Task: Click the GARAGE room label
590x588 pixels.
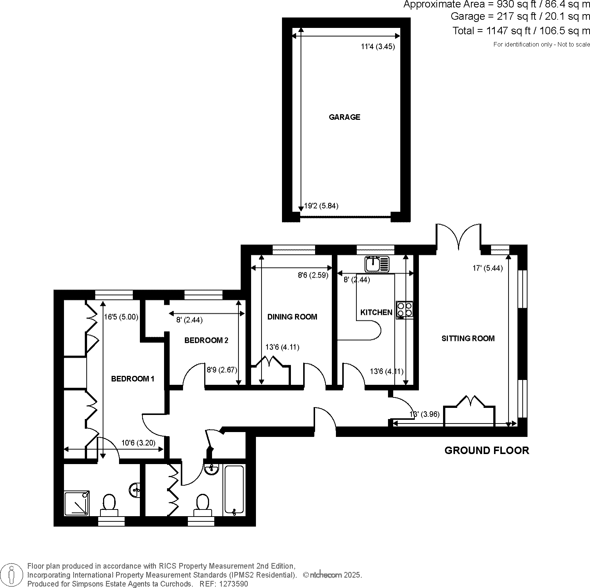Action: (344, 117)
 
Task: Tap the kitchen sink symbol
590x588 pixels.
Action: (377, 264)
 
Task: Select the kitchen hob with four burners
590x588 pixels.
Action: (404, 310)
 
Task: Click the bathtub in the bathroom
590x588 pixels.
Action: (234, 490)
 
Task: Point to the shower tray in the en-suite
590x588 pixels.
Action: (77, 504)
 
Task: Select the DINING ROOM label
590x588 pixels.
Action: (292, 317)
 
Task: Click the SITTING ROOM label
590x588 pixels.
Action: (468, 338)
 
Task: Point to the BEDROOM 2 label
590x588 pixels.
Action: (206, 341)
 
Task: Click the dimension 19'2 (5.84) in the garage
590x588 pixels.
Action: (321, 206)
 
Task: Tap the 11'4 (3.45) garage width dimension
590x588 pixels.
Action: (378, 47)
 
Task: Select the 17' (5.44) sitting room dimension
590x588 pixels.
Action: (487, 268)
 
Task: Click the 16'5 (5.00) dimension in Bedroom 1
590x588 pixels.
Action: (121, 317)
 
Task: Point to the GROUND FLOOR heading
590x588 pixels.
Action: (487, 451)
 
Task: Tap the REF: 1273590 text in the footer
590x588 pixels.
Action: (224, 584)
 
